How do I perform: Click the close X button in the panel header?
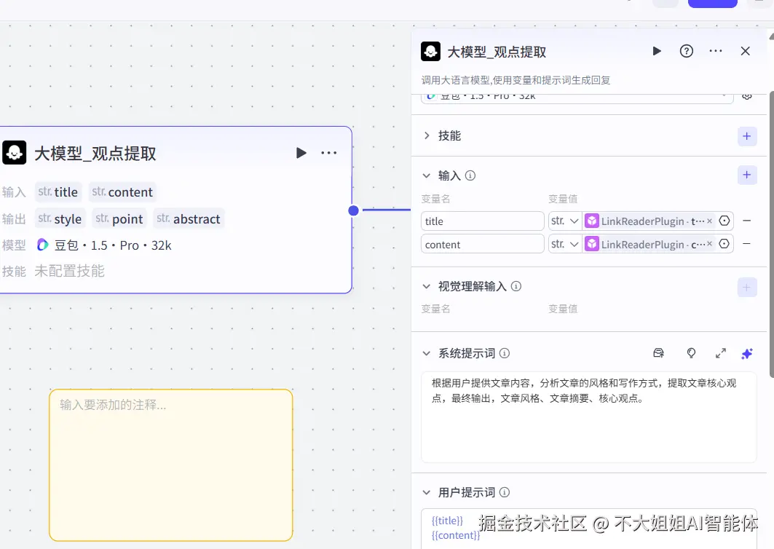pyautogui.click(x=745, y=51)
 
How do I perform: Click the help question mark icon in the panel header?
pyautogui.click(x=686, y=51)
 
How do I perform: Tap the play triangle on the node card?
pyautogui.click(x=301, y=153)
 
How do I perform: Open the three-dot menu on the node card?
pyautogui.click(x=328, y=153)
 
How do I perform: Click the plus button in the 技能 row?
pyautogui.click(x=746, y=136)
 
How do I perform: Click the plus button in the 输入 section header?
pyautogui.click(x=746, y=175)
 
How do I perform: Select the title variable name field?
pyautogui.click(x=482, y=221)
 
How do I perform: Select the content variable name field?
pyautogui.click(x=482, y=245)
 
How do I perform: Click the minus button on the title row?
pyautogui.click(x=746, y=221)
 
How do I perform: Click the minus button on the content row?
pyautogui.click(x=746, y=245)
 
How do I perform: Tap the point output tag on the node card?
pyautogui.click(x=120, y=218)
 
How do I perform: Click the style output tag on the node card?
pyautogui.click(x=60, y=218)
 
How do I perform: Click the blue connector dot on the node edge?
pyautogui.click(x=353, y=210)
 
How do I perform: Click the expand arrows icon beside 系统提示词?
pyautogui.click(x=720, y=353)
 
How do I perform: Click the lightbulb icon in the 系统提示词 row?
pyautogui.click(x=691, y=353)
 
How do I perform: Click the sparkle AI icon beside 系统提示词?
pyautogui.click(x=746, y=353)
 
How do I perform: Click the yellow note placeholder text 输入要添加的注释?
pyautogui.click(x=113, y=405)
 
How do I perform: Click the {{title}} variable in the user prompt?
pyautogui.click(x=447, y=521)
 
